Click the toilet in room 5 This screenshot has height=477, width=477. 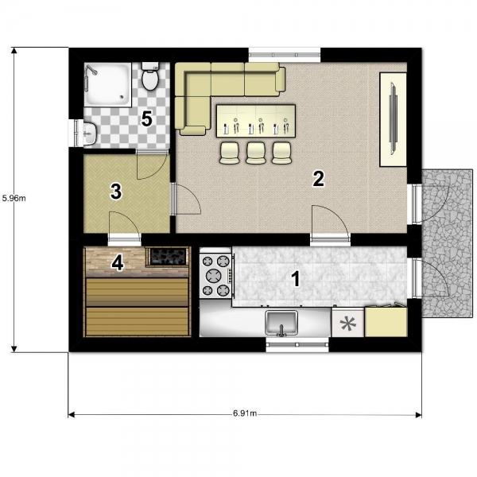[150, 76]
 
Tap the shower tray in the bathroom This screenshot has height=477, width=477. [107, 84]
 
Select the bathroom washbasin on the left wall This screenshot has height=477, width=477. [90, 134]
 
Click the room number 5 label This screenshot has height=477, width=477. [146, 119]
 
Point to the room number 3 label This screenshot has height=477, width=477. [116, 192]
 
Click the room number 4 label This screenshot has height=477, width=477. [118, 262]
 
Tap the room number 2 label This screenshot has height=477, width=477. [319, 179]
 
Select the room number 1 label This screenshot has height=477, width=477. [296, 279]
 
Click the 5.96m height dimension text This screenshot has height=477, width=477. [14, 198]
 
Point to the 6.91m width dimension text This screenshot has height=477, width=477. [245, 413]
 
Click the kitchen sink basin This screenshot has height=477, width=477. [281, 323]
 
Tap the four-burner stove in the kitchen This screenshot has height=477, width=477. [215, 276]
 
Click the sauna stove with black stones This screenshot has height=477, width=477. [169, 256]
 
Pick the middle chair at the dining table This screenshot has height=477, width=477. [256, 153]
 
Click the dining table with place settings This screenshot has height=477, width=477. [256, 121]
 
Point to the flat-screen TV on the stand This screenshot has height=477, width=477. [394, 119]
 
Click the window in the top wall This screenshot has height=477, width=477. [285, 55]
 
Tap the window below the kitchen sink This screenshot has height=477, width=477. [297, 344]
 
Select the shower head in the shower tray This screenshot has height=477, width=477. [91, 71]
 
